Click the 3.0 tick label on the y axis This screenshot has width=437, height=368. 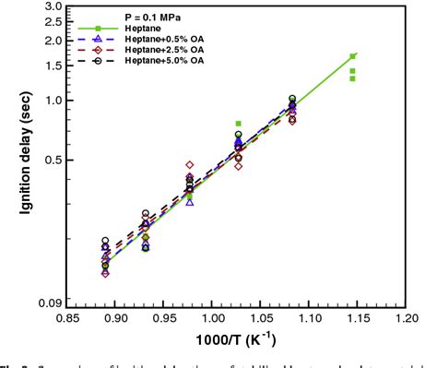(x=53, y=7)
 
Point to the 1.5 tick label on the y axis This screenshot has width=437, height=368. (x=53, y=65)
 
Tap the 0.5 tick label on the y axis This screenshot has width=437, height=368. (x=53, y=160)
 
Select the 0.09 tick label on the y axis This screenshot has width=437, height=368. (x=50, y=303)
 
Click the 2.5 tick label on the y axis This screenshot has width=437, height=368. (x=53, y=22)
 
